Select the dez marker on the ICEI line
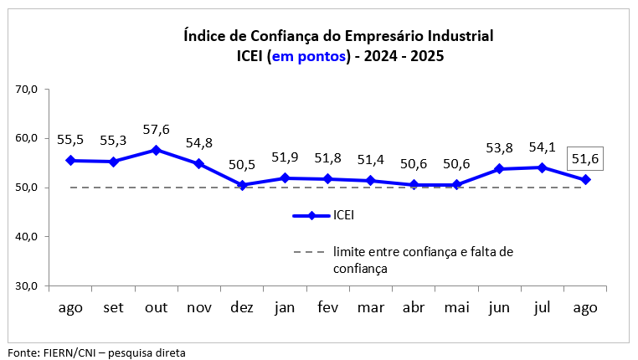[242, 185]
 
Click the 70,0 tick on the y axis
[28, 89]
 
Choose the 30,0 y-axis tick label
[28, 285]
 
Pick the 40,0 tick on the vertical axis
[28, 236]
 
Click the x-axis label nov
[199, 307]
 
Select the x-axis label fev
[327, 307]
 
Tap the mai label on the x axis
[456, 307]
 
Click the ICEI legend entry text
[344, 216]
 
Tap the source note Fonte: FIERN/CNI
[96, 352]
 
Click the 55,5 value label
[70, 140]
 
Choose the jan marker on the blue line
[285, 178]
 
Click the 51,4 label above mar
[371, 159]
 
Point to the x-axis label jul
[543, 307]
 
